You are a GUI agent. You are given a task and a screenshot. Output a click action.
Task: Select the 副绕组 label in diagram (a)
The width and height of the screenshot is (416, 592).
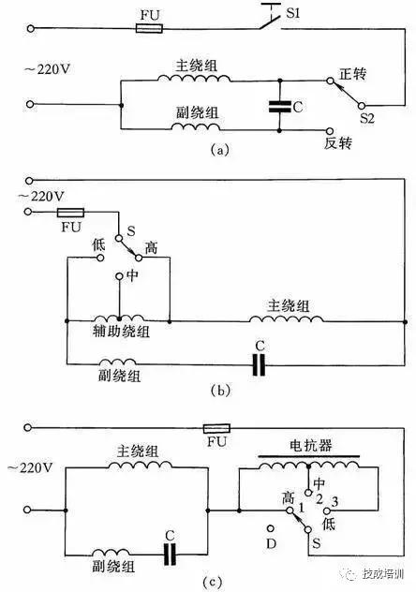pos(195,111)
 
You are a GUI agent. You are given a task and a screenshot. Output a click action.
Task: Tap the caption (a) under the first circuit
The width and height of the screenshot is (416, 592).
pos(218,147)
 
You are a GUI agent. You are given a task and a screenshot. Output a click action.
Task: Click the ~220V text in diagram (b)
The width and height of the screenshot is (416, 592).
pos(40,197)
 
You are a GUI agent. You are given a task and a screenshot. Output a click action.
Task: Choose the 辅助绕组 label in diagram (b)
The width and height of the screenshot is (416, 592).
pos(115,332)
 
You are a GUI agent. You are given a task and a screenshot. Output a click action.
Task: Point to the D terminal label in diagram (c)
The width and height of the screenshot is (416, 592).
pos(271,542)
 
